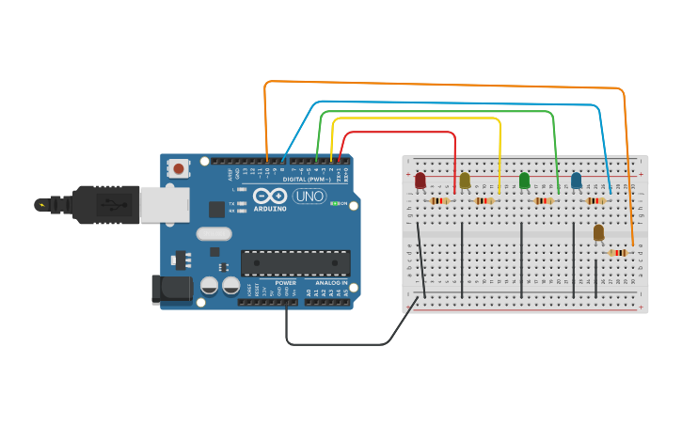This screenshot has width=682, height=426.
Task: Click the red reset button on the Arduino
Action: tap(178, 168)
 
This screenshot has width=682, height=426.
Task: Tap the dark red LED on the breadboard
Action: tap(420, 180)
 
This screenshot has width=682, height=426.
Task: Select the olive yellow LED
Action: tap(465, 180)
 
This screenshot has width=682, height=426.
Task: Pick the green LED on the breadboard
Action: tap(524, 180)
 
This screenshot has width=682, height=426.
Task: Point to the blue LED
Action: tap(576, 180)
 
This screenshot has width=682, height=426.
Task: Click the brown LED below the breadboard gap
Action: tap(598, 232)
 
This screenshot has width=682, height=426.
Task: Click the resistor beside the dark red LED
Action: tap(439, 200)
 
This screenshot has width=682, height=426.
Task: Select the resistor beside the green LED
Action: tap(544, 200)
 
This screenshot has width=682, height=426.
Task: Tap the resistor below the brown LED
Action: tap(618, 252)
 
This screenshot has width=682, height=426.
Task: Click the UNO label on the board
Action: tap(309, 196)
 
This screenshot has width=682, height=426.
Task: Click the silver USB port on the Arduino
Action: tap(164, 203)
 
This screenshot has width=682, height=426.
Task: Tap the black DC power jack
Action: tap(172, 289)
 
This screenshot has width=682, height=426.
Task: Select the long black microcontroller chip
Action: tap(295, 263)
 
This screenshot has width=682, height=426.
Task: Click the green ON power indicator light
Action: tap(333, 203)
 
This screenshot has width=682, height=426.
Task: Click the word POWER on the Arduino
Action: tap(286, 283)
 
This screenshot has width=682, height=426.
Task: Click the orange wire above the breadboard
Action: tap(442, 86)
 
